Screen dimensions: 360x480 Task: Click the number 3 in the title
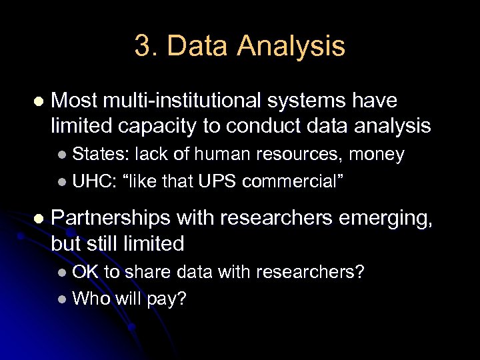141,46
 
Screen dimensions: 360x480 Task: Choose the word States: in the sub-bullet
101,155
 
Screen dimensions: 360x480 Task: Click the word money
377,155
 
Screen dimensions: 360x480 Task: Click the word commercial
293,181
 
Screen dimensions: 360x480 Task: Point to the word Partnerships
110,218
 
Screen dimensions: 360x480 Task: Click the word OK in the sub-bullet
85,272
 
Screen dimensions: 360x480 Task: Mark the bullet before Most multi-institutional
37,102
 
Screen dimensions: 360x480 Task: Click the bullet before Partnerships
37,219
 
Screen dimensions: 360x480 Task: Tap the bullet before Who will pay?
62,299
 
